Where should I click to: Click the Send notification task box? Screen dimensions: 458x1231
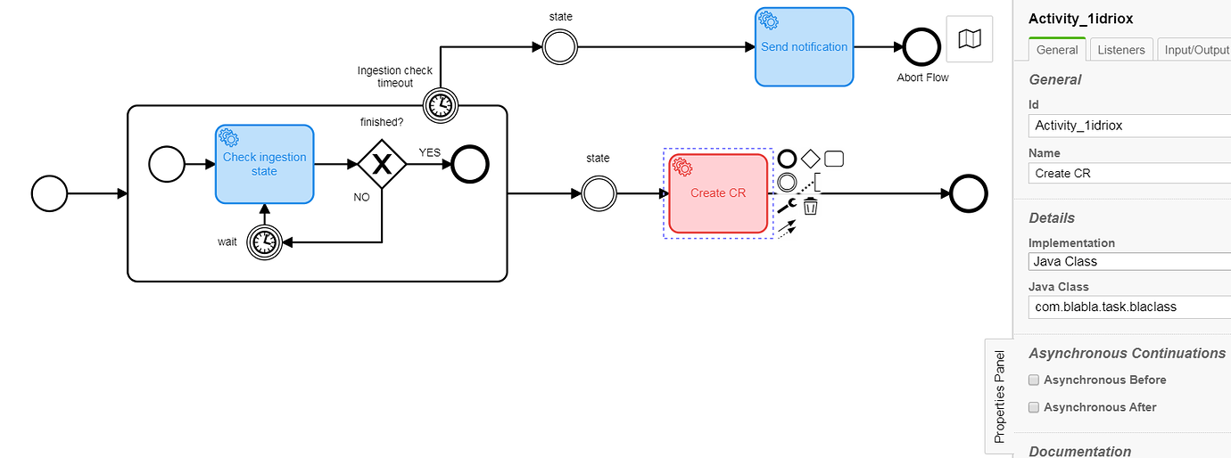(804, 47)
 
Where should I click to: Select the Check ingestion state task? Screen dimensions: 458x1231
(264, 164)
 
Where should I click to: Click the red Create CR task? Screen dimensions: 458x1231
(718, 193)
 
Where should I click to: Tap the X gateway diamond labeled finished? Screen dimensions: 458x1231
(382, 164)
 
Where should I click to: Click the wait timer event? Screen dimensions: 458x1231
(264, 241)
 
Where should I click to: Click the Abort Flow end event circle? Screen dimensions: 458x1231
(921, 47)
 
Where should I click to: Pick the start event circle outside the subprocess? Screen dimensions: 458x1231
(49, 192)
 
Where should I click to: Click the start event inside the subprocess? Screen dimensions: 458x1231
(166, 164)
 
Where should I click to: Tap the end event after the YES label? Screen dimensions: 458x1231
(470, 164)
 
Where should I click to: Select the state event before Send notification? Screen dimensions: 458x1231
(559, 47)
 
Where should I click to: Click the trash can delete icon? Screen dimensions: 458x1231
(810, 207)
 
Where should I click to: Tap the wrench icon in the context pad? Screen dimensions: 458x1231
(786, 207)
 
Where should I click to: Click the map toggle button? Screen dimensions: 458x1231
(969, 39)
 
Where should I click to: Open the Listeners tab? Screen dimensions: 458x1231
(1121, 50)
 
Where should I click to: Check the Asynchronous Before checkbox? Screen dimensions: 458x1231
(1034, 380)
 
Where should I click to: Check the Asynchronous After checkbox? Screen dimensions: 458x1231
(1034, 407)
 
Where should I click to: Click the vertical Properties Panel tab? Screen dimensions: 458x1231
(999, 397)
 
